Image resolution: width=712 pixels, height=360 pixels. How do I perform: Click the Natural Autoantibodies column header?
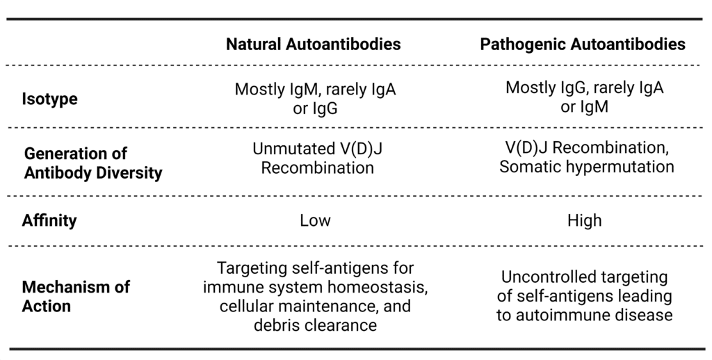313,44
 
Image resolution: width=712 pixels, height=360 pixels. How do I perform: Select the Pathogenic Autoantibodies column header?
583,44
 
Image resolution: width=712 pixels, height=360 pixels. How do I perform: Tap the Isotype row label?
49,99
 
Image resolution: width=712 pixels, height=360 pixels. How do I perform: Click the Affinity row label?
49,221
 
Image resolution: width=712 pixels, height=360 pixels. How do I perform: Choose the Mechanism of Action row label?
75,297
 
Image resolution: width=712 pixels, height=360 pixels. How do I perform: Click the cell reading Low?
315,221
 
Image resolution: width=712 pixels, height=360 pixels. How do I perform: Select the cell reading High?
584,221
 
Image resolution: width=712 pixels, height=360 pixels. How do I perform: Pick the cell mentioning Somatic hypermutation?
586,157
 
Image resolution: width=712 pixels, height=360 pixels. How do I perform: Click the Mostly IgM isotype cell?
315,99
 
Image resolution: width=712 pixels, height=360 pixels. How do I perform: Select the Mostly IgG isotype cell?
584,97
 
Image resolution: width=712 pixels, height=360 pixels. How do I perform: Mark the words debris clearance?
316,325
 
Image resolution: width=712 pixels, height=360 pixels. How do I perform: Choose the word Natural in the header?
254,44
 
